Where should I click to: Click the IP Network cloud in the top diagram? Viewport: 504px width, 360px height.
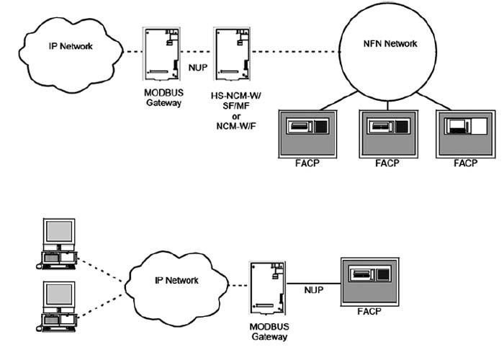[x=69, y=51]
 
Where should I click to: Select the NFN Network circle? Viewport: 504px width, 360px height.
[x=389, y=51]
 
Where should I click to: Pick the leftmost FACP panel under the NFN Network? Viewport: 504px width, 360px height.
[x=306, y=133]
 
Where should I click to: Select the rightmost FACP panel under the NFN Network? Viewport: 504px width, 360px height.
[x=466, y=133]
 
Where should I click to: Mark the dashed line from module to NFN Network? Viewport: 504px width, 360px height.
[x=295, y=52]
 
